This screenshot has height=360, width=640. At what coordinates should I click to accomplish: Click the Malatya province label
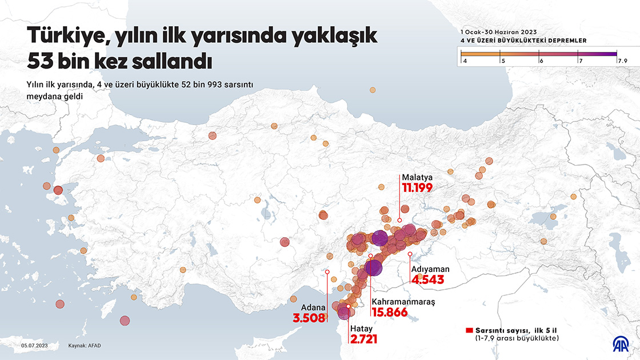[416, 178]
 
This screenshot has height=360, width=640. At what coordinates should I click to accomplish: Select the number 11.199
[417, 187]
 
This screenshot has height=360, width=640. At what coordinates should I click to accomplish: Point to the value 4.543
[427, 280]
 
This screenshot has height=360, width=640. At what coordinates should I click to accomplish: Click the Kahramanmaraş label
[403, 302]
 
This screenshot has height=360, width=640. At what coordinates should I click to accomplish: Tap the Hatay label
[361, 329]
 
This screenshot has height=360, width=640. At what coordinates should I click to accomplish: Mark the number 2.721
[363, 339]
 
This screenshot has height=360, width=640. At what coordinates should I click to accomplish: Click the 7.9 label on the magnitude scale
[622, 60]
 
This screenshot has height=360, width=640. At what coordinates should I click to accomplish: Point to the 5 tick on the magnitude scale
[502, 60]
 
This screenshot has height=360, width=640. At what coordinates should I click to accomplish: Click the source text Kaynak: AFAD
[85, 346]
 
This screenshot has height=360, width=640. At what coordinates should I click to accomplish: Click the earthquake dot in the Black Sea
[373, 90]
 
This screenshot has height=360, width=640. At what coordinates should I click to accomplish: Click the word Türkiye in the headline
[63, 36]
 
